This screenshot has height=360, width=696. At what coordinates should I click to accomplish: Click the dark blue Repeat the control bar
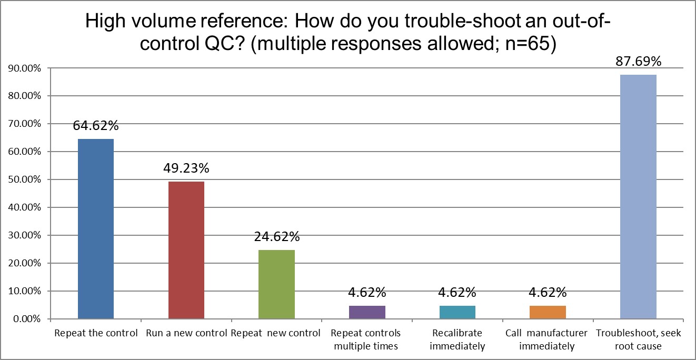click(x=96, y=229)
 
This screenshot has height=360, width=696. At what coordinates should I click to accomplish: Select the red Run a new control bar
click(x=186, y=250)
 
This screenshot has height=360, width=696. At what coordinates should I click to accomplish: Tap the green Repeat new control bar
click(x=277, y=284)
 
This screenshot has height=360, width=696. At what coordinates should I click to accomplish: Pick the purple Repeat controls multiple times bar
click(x=367, y=312)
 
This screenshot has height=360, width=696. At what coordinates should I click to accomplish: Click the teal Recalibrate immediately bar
click(x=458, y=312)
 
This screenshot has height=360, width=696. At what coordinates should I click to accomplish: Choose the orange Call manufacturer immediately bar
click(x=548, y=312)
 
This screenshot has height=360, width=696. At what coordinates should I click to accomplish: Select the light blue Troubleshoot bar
click(x=639, y=197)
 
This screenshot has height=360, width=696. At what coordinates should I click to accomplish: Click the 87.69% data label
click(x=639, y=62)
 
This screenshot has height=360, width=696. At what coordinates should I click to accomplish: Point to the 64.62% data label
click(x=96, y=126)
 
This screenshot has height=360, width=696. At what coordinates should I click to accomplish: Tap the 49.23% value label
click(x=186, y=168)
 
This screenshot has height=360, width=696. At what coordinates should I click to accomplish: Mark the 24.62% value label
click(x=277, y=237)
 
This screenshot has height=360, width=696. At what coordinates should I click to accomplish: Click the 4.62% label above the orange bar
click(x=548, y=292)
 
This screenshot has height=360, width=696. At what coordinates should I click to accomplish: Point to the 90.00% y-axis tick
click(x=24, y=68)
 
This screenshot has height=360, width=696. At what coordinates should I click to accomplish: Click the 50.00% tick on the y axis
click(x=24, y=179)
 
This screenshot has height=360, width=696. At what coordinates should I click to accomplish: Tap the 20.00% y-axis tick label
click(x=24, y=263)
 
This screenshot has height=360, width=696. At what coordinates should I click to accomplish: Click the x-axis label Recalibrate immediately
click(x=457, y=339)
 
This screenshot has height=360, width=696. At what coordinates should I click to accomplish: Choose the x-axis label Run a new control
click(x=186, y=333)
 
